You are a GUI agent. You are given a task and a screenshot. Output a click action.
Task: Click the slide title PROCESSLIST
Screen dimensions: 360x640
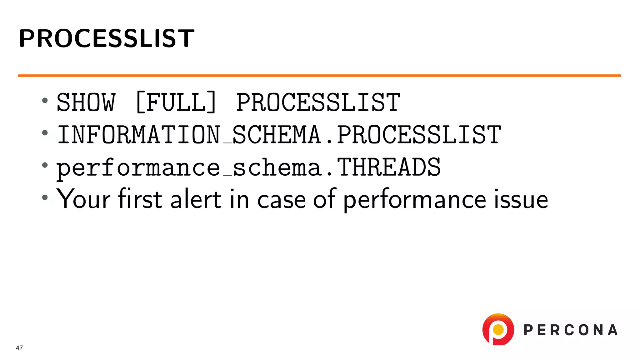pyautogui.click(x=106, y=38)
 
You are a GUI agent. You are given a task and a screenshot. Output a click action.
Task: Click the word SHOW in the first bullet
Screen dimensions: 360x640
pyautogui.click(x=86, y=102)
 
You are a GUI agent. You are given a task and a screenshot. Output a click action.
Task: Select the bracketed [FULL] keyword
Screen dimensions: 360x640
pyautogui.click(x=176, y=102)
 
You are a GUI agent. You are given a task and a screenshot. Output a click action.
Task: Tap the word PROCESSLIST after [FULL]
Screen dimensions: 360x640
pyautogui.click(x=318, y=102)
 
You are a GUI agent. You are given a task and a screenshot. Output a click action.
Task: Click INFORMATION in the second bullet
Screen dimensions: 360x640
pyautogui.click(x=139, y=135)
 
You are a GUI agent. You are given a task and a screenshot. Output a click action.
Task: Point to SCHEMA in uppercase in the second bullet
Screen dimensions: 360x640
pyautogui.click(x=277, y=135)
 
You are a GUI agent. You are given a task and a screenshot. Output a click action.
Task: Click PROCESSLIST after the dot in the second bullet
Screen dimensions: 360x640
pyautogui.click(x=419, y=135)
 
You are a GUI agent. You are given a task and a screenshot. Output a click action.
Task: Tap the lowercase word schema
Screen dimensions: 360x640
pyautogui.click(x=277, y=167)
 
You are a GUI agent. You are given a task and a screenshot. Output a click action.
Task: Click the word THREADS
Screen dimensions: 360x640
pyautogui.click(x=389, y=167)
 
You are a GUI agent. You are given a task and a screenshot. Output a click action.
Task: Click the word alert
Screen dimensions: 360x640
pyautogui.click(x=196, y=199)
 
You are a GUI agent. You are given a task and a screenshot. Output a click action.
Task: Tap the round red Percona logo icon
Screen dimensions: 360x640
pyautogui.click(x=498, y=329)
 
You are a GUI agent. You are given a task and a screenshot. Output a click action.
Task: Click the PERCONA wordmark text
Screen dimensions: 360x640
pyautogui.click(x=571, y=330)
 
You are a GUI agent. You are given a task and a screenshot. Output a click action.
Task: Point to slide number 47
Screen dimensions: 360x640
pyautogui.click(x=19, y=348)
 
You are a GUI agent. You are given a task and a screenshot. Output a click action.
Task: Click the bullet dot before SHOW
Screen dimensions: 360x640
pyautogui.click(x=45, y=101)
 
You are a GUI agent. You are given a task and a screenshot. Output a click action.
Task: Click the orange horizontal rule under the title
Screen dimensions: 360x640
pyautogui.click(x=319, y=76)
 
